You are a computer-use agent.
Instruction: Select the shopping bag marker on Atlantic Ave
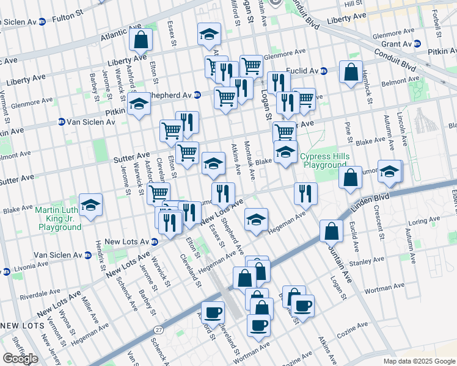141,40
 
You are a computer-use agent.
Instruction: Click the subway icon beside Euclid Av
324,71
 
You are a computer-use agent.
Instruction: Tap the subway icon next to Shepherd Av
197,95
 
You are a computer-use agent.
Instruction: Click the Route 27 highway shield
159,329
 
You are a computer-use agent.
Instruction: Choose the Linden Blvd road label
371,205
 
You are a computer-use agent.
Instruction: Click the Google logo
20,358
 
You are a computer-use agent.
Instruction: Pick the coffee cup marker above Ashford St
213,312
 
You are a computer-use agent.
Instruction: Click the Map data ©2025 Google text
419,361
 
